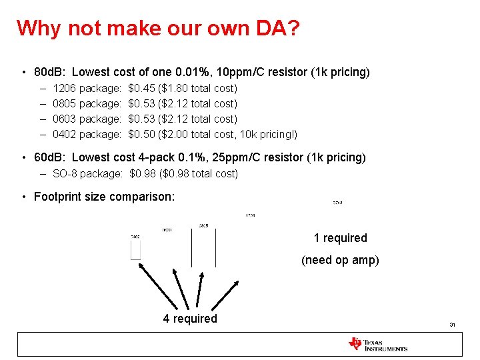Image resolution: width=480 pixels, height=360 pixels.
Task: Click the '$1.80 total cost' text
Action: coord(197,88)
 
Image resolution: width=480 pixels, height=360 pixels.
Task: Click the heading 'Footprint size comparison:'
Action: coord(104,196)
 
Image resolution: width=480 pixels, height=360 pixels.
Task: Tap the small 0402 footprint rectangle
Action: coord(135,249)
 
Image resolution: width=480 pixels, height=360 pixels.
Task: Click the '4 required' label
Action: coord(190,319)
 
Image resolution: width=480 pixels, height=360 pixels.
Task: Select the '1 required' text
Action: coord(340,238)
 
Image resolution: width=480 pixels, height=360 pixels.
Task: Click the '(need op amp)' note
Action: coord(340,259)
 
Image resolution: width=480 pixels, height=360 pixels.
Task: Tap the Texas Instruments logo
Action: coord(377,344)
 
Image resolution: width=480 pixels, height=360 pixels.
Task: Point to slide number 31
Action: coord(451,325)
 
